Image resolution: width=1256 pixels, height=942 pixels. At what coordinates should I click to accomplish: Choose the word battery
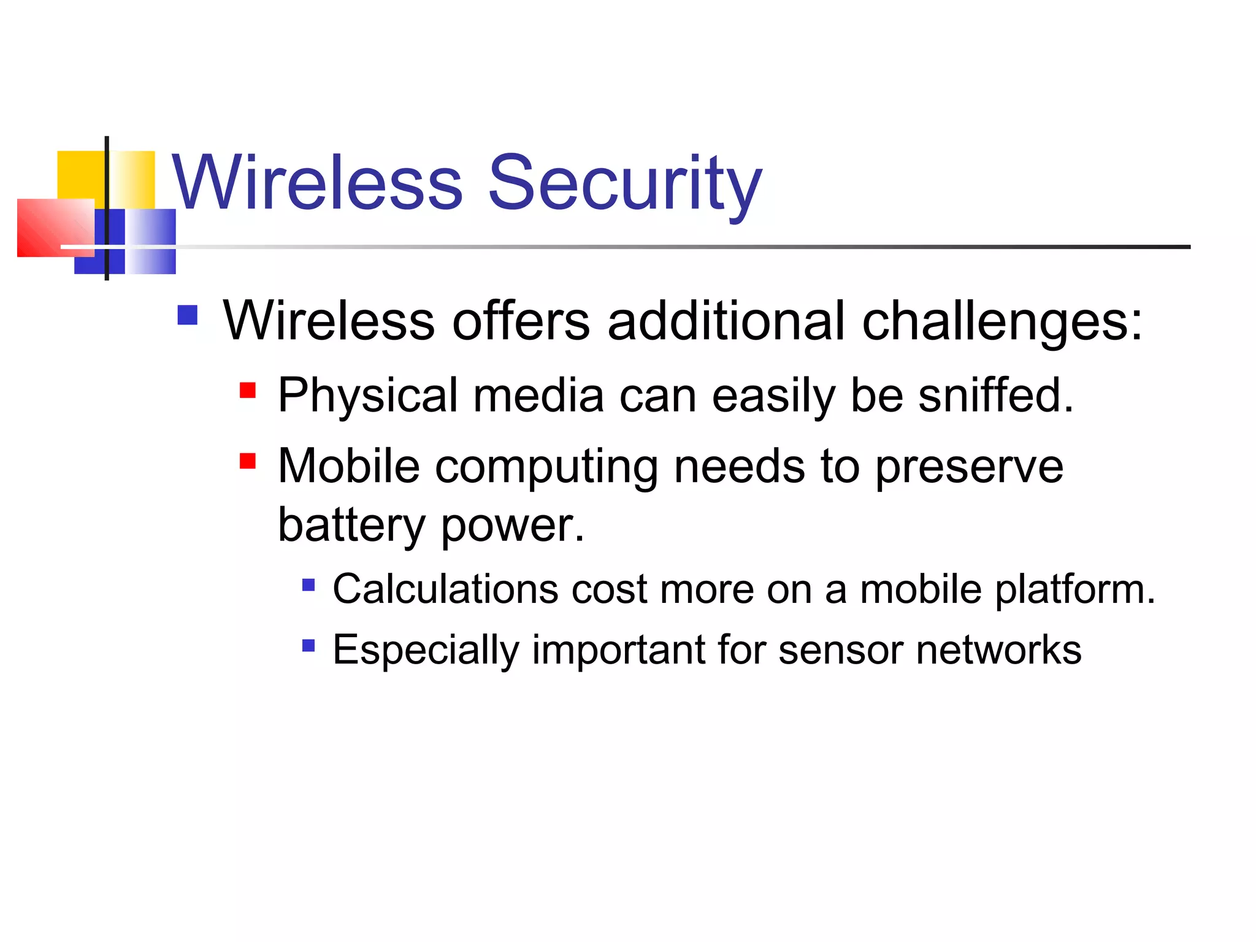tap(351, 526)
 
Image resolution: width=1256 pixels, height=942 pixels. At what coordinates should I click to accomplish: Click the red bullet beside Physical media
tap(248, 391)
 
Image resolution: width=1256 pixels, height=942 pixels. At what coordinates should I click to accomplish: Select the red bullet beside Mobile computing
tap(248, 461)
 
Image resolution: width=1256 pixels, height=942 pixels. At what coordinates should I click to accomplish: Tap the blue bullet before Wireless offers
tap(188, 315)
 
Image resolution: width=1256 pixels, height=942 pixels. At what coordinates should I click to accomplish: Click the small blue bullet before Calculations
tap(308, 585)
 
